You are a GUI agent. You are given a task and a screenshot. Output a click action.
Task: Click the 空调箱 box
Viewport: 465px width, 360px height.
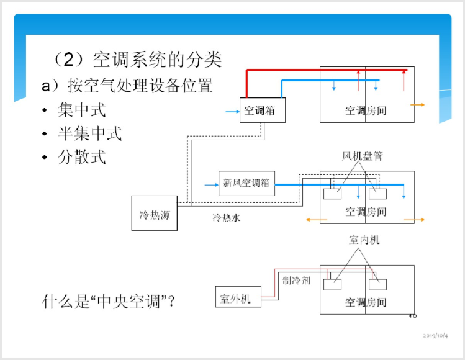[x=259, y=110]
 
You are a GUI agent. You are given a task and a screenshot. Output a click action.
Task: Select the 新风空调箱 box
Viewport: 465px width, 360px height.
[x=246, y=183]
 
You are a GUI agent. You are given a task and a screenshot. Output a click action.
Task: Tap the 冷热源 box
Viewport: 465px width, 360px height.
[x=154, y=214]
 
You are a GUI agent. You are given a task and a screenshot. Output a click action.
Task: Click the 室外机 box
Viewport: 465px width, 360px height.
[x=236, y=299]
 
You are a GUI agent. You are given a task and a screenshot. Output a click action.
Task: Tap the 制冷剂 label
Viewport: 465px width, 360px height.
[x=296, y=280]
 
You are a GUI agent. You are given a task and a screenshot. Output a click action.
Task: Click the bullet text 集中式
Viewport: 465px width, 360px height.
[x=82, y=110]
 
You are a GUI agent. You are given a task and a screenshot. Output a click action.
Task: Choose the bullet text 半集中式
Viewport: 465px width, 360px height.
[x=90, y=133]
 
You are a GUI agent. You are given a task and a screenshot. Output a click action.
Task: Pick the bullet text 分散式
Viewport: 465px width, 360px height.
[x=82, y=156]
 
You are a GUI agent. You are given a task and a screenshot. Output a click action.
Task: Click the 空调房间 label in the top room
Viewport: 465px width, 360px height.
[x=366, y=111]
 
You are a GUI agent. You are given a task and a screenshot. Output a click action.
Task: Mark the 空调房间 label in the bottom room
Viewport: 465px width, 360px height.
[x=366, y=303]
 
